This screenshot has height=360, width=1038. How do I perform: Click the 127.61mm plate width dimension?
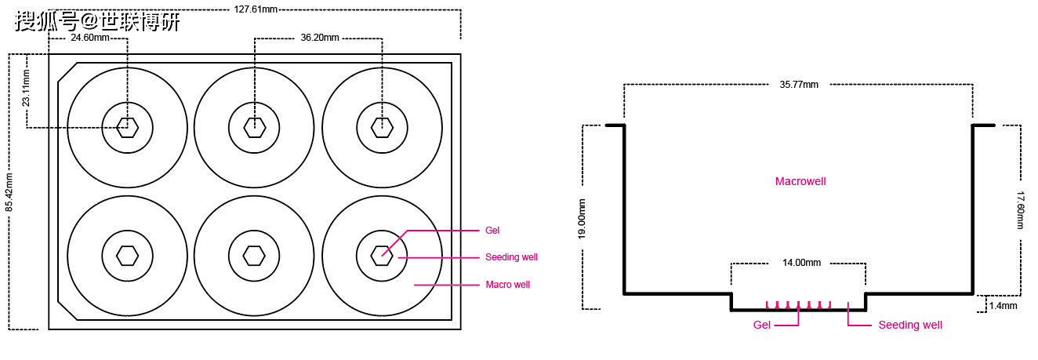click(256, 9)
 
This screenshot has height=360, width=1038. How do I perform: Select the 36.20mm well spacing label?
click(320, 37)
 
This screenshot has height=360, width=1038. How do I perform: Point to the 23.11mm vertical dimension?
click(26, 88)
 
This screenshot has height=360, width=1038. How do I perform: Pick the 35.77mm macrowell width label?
click(799, 84)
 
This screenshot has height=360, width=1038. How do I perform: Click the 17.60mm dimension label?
click(1021, 209)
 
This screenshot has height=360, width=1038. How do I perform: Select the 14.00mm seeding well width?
click(801, 263)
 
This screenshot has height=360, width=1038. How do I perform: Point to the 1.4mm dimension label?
click(1003, 306)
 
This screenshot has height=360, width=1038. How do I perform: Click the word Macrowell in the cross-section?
click(800, 181)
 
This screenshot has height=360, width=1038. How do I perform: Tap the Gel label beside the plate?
click(492, 231)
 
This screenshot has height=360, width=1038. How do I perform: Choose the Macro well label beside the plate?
click(507, 285)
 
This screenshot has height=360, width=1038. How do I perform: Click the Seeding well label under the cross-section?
click(909, 325)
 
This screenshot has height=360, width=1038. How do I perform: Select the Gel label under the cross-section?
click(762, 325)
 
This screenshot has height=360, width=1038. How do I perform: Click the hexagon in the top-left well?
click(128, 127)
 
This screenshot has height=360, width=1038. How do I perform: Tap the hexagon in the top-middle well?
click(254, 127)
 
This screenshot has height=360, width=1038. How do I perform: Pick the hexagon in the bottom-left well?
click(128, 256)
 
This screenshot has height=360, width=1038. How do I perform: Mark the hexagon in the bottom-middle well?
click(254, 256)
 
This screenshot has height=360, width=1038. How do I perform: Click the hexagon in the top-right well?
click(382, 127)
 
